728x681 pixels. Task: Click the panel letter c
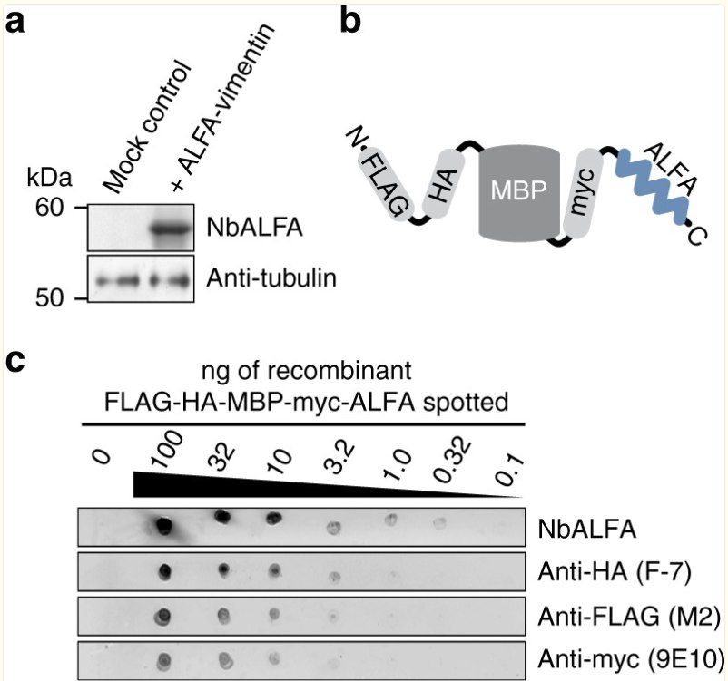click(15, 364)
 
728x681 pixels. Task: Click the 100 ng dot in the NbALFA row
click(164, 527)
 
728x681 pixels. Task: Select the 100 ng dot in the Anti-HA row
click(165, 571)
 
